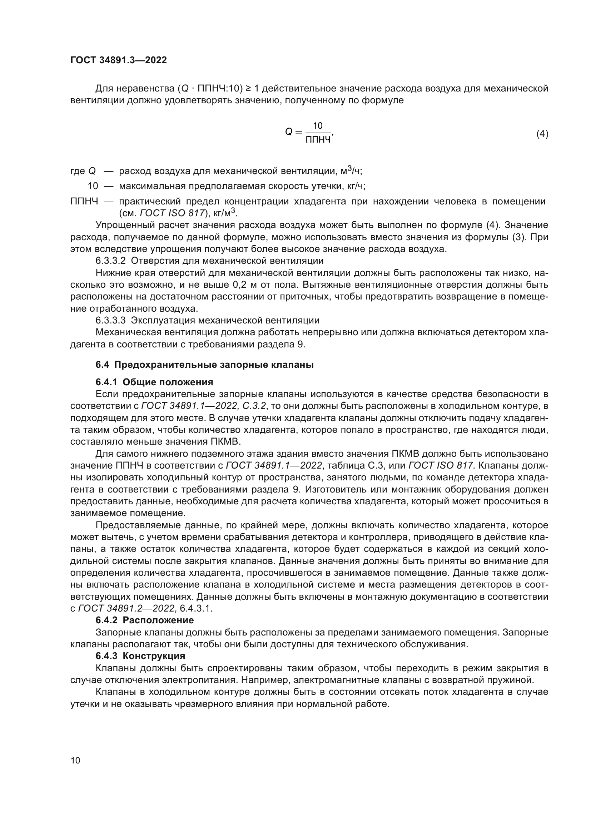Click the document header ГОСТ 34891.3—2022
[119, 60]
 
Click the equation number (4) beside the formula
[542, 134]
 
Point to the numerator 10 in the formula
[318, 126]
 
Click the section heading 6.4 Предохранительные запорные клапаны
[204, 365]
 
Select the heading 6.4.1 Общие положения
[154, 382]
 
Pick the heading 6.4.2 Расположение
[144, 620]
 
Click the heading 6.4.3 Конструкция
[140, 656]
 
